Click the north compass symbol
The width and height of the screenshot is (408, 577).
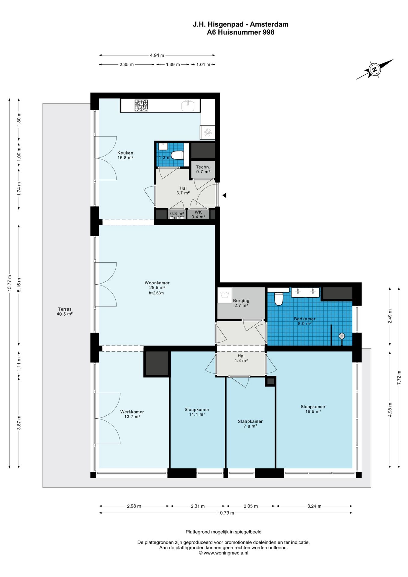coord(375,69)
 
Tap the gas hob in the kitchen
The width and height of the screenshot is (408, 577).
coord(141,105)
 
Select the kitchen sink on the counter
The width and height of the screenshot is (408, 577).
coord(188,105)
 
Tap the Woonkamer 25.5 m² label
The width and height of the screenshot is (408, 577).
coord(157,285)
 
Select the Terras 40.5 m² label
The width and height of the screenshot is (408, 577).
coord(65,311)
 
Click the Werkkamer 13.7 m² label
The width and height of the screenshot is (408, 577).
coord(132,414)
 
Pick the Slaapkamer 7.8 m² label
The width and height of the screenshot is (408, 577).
coord(250,424)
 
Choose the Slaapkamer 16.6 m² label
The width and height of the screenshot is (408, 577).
coord(313,409)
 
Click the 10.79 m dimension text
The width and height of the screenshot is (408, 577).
coord(226,513)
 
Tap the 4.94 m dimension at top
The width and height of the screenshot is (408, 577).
coord(157,55)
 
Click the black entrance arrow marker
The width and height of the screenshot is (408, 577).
coord(224,195)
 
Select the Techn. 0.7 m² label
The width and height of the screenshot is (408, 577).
coord(203,169)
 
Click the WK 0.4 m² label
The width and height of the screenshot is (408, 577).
coord(198,214)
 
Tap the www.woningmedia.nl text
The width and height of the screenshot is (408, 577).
coord(226,553)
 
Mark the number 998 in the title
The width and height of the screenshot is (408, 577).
coord(269,32)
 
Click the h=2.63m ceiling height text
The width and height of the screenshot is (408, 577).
coord(156,293)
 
